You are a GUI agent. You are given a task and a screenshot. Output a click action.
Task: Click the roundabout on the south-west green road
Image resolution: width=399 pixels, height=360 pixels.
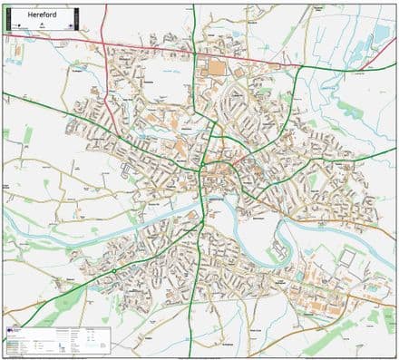point(114,269)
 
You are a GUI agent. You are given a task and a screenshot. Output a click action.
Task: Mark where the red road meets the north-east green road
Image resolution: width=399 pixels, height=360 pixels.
point(301,66)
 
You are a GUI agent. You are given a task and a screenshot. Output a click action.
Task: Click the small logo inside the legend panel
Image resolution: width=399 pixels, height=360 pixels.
point(11,332)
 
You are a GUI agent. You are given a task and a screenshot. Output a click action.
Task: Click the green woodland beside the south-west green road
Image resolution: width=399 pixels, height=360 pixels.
point(68,304)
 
